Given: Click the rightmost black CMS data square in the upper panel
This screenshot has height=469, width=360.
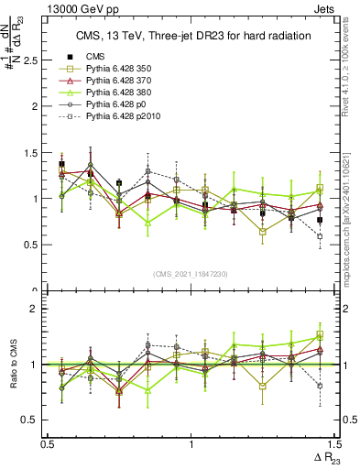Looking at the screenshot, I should [320, 220].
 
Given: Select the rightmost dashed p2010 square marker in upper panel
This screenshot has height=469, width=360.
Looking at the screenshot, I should [320, 236].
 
